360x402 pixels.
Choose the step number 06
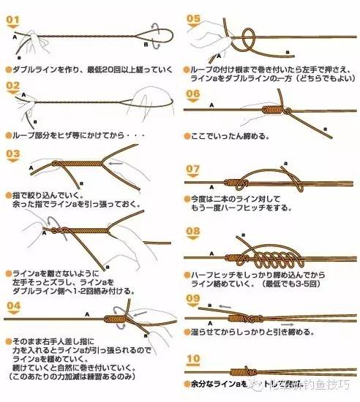pos(194,94)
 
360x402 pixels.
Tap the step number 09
pos(194,299)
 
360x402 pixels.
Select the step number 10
pos(194,359)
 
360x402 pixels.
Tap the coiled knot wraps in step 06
pos(270,110)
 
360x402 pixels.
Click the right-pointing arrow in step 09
pos(288,322)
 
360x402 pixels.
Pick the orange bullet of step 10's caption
pos(188,384)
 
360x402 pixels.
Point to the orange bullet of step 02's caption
pos(7,137)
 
